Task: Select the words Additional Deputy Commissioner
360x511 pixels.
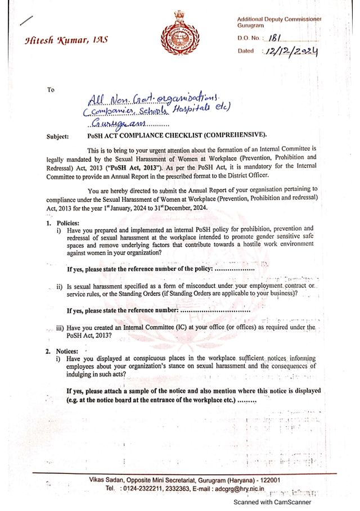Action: [x=279, y=19]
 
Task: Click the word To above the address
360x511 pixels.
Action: [x=51, y=89]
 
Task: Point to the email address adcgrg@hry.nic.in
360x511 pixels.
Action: [x=243, y=489]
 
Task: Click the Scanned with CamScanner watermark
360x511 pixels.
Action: [x=272, y=502]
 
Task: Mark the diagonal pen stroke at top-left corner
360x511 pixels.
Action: [x=26, y=21]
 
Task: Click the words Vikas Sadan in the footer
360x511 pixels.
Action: [x=106, y=480]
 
